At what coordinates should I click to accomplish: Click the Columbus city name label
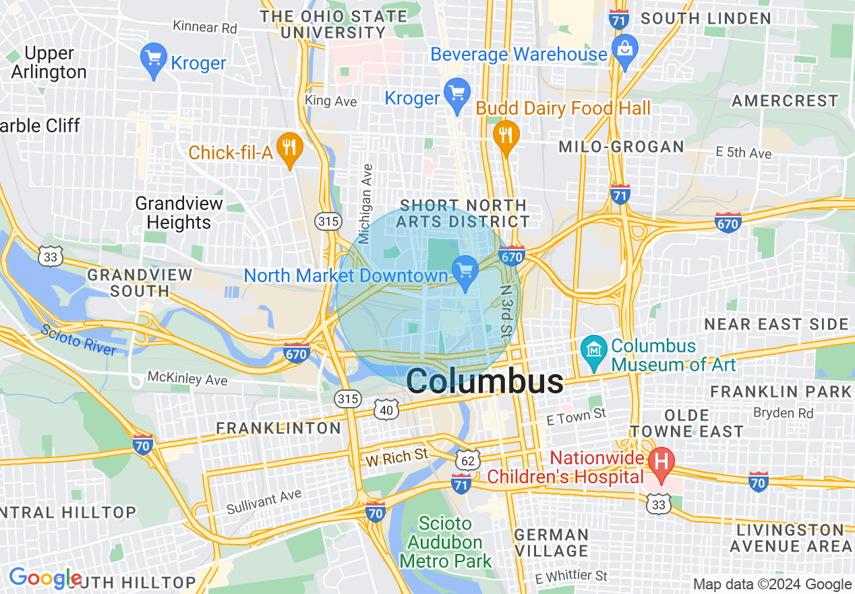[485, 381]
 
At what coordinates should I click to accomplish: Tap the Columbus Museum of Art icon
[594, 353]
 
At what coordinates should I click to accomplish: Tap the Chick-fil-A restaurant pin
[291, 148]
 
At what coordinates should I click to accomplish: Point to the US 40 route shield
[386, 409]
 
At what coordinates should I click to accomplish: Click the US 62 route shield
[467, 459]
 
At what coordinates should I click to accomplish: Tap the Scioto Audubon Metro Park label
[445, 542]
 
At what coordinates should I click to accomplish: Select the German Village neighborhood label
[551, 543]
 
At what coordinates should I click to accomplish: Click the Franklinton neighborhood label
[278, 428]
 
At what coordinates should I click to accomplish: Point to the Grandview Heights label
[179, 213]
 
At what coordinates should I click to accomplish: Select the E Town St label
[577, 416]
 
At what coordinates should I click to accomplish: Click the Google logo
[45, 578]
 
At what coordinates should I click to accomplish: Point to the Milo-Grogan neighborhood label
[621, 146]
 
